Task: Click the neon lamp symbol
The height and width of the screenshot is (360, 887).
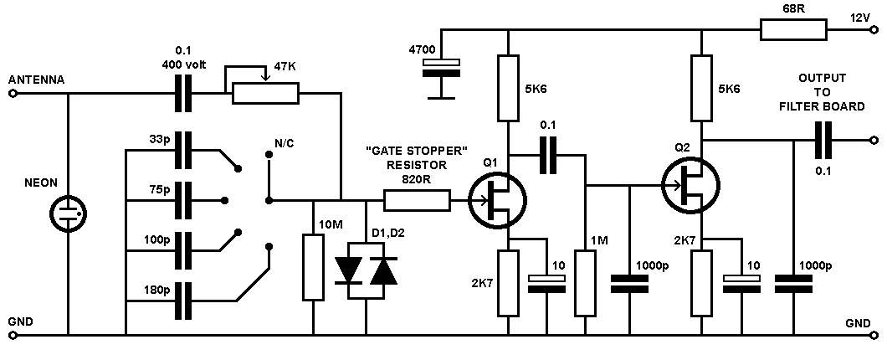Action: click(68, 214)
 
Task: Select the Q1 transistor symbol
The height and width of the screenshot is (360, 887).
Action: click(498, 199)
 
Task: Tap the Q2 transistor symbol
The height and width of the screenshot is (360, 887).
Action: click(690, 184)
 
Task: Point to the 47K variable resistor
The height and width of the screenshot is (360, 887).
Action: click(265, 93)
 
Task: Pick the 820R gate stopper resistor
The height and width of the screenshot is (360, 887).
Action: click(417, 200)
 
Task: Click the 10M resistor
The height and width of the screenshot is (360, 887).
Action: click(313, 267)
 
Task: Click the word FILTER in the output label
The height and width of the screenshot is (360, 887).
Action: click(799, 107)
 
